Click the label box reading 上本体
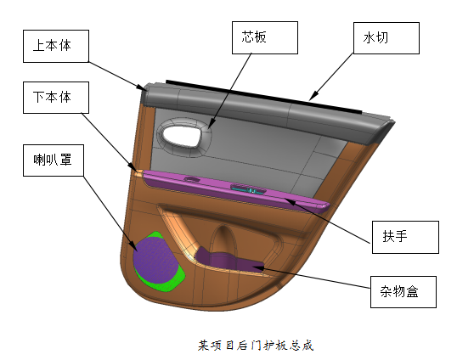click(56, 46)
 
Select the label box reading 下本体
click(56, 98)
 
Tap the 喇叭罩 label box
click(54, 160)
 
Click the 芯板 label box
click(265, 37)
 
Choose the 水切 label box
click(386, 38)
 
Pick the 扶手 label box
click(405, 237)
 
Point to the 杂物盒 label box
click(403, 292)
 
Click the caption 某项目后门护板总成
click(256, 346)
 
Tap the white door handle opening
click(182, 136)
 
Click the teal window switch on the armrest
click(249, 188)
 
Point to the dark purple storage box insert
click(229, 260)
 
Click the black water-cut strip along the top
click(264, 97)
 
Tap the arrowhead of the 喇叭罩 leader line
click(134, 246)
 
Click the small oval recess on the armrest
click(192, 179)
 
